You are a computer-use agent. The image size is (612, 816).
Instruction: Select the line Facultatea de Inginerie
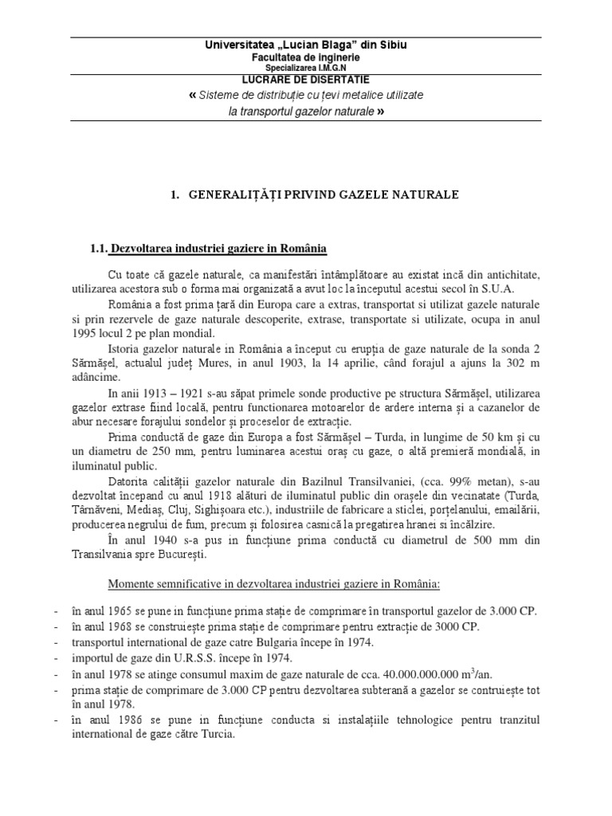pyautogui.click(x=306, y=57)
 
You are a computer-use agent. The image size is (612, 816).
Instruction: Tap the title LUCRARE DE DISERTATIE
pyautogui.click(x=306, y=80)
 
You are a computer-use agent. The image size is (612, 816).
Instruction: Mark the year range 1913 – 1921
pyautogui.click(x=168, y=391)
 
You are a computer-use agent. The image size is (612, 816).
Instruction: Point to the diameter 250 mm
pyautogui.click(x=173, y=451)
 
